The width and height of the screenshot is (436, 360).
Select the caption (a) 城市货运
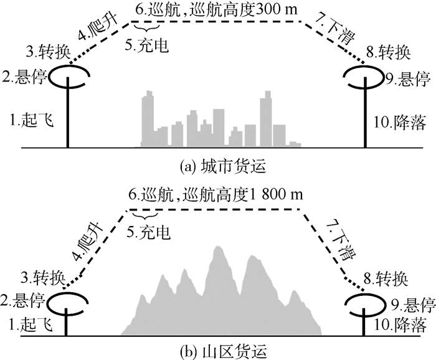click(x=218, y=166)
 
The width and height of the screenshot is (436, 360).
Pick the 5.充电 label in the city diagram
click(x=149, y=45)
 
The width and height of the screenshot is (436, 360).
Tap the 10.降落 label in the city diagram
click(x=399, y=121)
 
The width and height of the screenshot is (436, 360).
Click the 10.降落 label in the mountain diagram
click(x=402, y=324)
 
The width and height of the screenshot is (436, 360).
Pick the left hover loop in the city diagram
click(x=69, y=78)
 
